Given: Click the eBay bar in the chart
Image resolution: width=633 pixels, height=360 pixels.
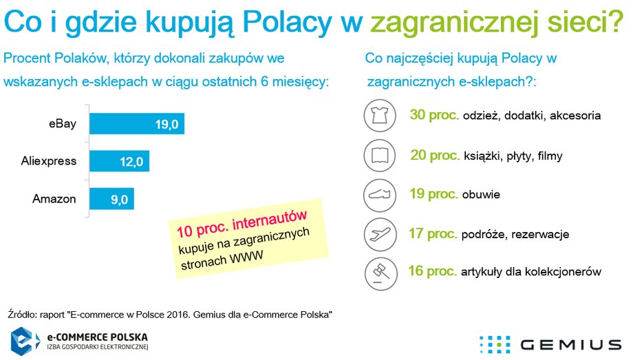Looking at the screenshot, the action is tap(137, 124).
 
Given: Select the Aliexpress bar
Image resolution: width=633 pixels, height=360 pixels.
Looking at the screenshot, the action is tap(120, 161).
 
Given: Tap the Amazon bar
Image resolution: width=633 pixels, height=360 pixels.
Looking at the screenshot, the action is tap(112, 199).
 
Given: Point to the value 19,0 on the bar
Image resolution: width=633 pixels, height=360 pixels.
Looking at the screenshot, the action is tap(167, 124).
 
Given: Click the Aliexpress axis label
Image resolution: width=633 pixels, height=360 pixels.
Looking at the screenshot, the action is tap(48, 161).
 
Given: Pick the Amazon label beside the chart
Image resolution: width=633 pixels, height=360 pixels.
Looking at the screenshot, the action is tap(54, 199).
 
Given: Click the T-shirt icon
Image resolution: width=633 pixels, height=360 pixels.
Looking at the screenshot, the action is tap(380, 116).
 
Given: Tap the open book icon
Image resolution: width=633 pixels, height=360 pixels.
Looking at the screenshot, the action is tap(380, 155).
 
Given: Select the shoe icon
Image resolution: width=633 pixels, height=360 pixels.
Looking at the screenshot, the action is tap(380, 195).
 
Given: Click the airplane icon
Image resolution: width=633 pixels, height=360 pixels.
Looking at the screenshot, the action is tap(380, 234).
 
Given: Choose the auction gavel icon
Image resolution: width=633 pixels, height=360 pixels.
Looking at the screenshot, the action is tap(380, 273).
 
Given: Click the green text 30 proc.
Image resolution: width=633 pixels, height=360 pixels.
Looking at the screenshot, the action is tap(434, 115).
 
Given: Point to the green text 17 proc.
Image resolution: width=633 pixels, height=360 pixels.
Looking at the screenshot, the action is tap(433, 233).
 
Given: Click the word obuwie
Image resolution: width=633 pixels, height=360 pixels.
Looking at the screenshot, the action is tap(481, 194).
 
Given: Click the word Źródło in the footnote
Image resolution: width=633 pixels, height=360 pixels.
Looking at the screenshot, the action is tap(22, 314).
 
